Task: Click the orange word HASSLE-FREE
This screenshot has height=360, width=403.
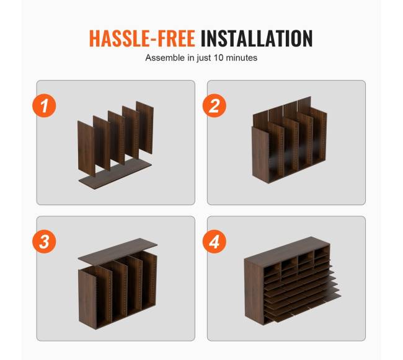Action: (x=142, y=38)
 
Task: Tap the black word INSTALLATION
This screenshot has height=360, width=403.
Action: (x=257, y=38)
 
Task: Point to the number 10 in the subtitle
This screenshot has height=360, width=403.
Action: (x=219, y=58)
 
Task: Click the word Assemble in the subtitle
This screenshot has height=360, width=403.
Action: (x=166, y=58)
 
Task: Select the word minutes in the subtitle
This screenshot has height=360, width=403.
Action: (x=242, y=58)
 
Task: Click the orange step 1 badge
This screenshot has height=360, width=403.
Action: (x=44, y=105)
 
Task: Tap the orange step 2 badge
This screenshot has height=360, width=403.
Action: (x=215, y=105)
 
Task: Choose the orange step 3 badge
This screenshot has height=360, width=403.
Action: (x=44, y=242)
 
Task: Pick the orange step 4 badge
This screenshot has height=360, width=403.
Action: (x=215, y=242)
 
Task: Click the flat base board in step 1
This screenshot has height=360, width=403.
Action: (x=116, y=174)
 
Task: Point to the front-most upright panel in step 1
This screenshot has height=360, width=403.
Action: (x=86, y=149)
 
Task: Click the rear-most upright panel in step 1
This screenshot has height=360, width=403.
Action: (x=145, y=128)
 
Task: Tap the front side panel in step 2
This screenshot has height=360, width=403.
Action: (x=260, y=155)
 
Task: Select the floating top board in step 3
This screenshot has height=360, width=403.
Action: (x=118, y=250)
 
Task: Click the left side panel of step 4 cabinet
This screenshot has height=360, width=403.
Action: (x=254, y=291)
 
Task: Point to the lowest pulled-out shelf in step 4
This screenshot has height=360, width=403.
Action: (x=306, y=308)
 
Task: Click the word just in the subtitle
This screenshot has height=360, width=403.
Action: (x=204, y=58)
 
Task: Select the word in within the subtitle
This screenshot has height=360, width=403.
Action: (x=191, y=58)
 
